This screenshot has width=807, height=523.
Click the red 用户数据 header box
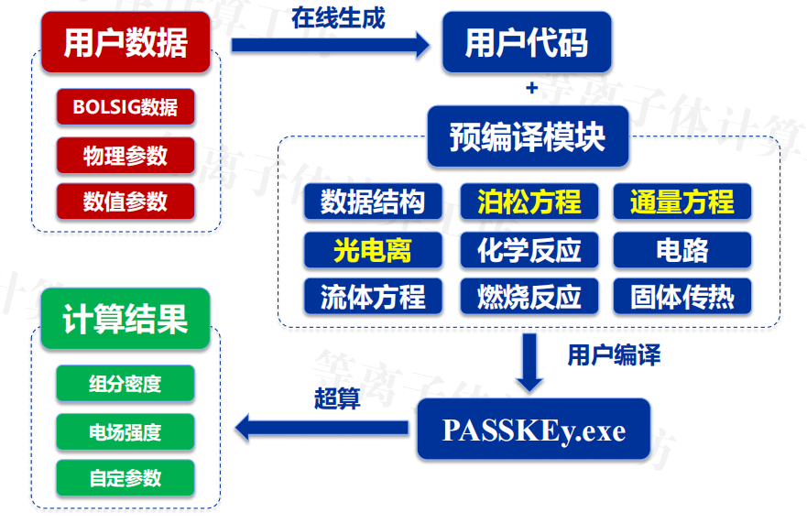click(125, 43)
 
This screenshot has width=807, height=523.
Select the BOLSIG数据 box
click(125, 107)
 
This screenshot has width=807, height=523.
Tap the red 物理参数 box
click(125, 155)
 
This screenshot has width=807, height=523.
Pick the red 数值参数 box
click(125, 202)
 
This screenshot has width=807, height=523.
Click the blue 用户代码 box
click(527, 42)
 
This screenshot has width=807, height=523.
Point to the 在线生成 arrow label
click(338, 17)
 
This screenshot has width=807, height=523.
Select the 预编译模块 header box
click(528, 136)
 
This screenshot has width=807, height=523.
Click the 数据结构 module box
click(373, 202)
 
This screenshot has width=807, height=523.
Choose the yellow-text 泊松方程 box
click(529, 202)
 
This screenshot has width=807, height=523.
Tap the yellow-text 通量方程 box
click(682, 202)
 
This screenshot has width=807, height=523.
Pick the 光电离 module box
click(373, 249)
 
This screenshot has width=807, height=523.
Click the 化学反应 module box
click(529, 249)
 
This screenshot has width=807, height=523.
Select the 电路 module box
click(682, 249)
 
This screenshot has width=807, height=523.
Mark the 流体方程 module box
click(373, 297)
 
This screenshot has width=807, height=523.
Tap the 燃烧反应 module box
click(529, 297)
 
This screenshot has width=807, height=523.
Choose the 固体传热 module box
click(682, 297)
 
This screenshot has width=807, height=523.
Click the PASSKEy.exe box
click(533, 430)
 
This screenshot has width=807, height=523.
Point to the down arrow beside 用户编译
click(529, 362)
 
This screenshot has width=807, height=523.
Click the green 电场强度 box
click(125, 431)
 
